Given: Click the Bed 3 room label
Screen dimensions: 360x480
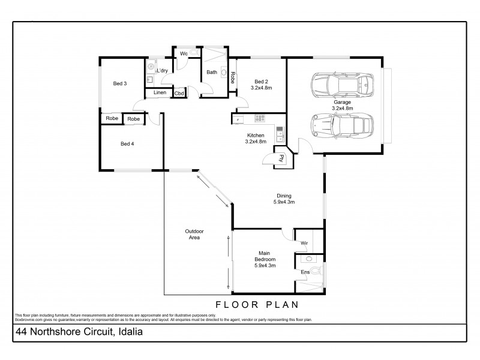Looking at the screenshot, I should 119,83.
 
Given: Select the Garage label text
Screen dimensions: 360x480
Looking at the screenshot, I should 343,102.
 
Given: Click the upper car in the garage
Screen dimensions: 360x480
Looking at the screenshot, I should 341,85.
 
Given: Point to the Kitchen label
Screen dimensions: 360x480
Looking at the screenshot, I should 255,136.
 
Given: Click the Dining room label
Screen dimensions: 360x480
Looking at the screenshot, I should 284,196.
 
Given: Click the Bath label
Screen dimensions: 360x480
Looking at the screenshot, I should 212,73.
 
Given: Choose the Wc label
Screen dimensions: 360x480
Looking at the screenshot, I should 184,54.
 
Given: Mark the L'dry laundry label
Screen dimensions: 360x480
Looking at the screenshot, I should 163,71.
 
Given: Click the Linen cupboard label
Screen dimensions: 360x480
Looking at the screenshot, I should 160,92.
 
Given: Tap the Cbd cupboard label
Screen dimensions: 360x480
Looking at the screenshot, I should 179,93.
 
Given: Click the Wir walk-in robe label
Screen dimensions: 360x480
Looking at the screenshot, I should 304,243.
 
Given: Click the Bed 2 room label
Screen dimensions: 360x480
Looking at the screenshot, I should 261,81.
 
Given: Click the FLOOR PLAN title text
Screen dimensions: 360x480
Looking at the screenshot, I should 256,304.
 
